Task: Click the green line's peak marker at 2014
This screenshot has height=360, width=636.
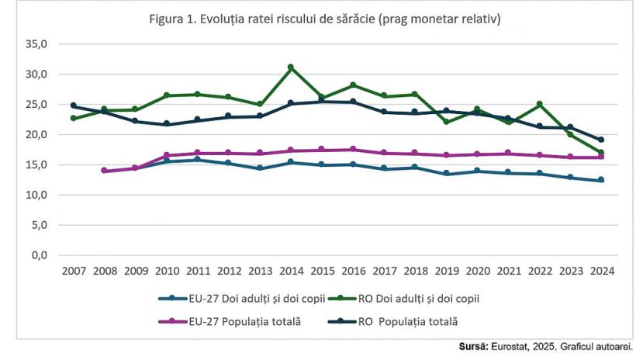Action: coord(291,67)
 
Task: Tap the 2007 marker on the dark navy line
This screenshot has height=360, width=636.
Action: coord(73,106)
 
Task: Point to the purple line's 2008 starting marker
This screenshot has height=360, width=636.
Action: coord(104,171)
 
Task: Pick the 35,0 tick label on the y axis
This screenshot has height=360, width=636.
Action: coord(37,44)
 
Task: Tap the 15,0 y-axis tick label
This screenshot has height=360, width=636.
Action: coord(37,164)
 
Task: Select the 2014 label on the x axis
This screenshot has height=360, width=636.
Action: coord(291,270)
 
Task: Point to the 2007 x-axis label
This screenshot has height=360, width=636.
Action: coord(73,270)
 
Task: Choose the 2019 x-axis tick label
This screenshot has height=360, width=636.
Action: coord(446,270)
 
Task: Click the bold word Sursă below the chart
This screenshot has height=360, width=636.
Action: coord(471,346)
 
